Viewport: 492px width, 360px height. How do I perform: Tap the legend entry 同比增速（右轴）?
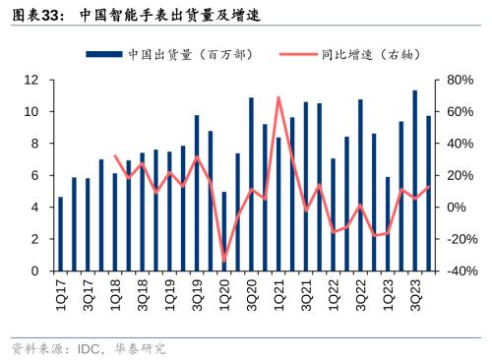coord(350,54)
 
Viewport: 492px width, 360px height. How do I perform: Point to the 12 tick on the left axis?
coord(31,80)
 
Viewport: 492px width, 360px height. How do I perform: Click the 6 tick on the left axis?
coord(35,175)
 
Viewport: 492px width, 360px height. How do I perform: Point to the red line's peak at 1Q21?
coord(278,97)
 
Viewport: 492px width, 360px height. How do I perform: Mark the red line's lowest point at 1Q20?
coord(224,261)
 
